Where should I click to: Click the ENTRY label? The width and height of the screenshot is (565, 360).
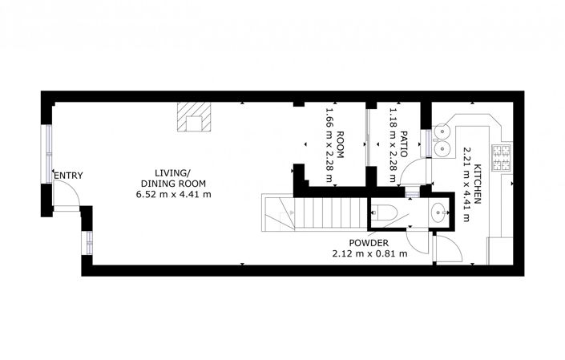(68, 176)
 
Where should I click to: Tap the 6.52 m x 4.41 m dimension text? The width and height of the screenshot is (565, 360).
(173, 195)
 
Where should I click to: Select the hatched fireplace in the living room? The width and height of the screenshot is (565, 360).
(194, 117)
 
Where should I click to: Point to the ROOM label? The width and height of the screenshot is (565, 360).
(340, 144)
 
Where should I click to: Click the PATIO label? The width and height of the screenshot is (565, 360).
(404, 144)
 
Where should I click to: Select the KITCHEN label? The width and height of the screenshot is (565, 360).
(478, 184)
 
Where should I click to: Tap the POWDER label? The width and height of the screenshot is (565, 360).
(369, 243)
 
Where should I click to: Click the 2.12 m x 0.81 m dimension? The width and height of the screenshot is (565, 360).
(369, 253)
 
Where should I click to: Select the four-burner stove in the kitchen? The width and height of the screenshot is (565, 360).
(502, 157)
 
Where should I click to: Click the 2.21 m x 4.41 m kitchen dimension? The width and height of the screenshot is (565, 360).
(467, 184)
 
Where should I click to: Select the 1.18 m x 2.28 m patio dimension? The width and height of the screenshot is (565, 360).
(393, 144)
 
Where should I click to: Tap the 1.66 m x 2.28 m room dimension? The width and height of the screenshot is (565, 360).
(329, 144)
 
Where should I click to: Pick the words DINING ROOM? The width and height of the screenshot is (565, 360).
(173, 184)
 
